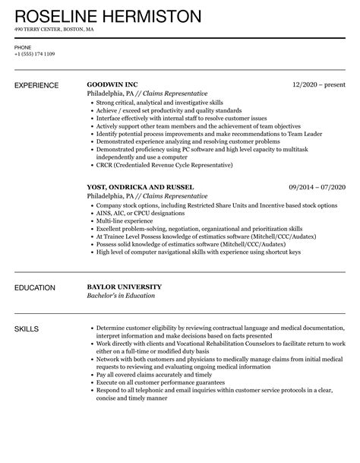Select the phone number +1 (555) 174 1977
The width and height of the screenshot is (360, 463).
pyautogui.click(x=35, y=54)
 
